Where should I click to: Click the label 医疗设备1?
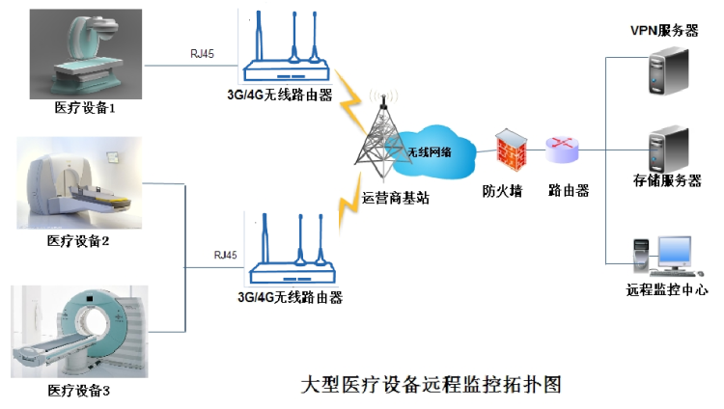tap(85, 109)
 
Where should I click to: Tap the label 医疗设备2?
tap(78, 240)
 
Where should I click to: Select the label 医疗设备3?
tap(79, 390)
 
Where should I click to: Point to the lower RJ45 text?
tap(224, 255)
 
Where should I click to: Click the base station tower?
tap(380, 141)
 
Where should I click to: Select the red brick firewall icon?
tap(508, 151)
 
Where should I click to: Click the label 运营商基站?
tap(395, 197)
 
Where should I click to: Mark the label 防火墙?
tap(502, 190)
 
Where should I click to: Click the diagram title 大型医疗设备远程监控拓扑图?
tap(431, 383)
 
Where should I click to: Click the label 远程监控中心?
tap(667, 289)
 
